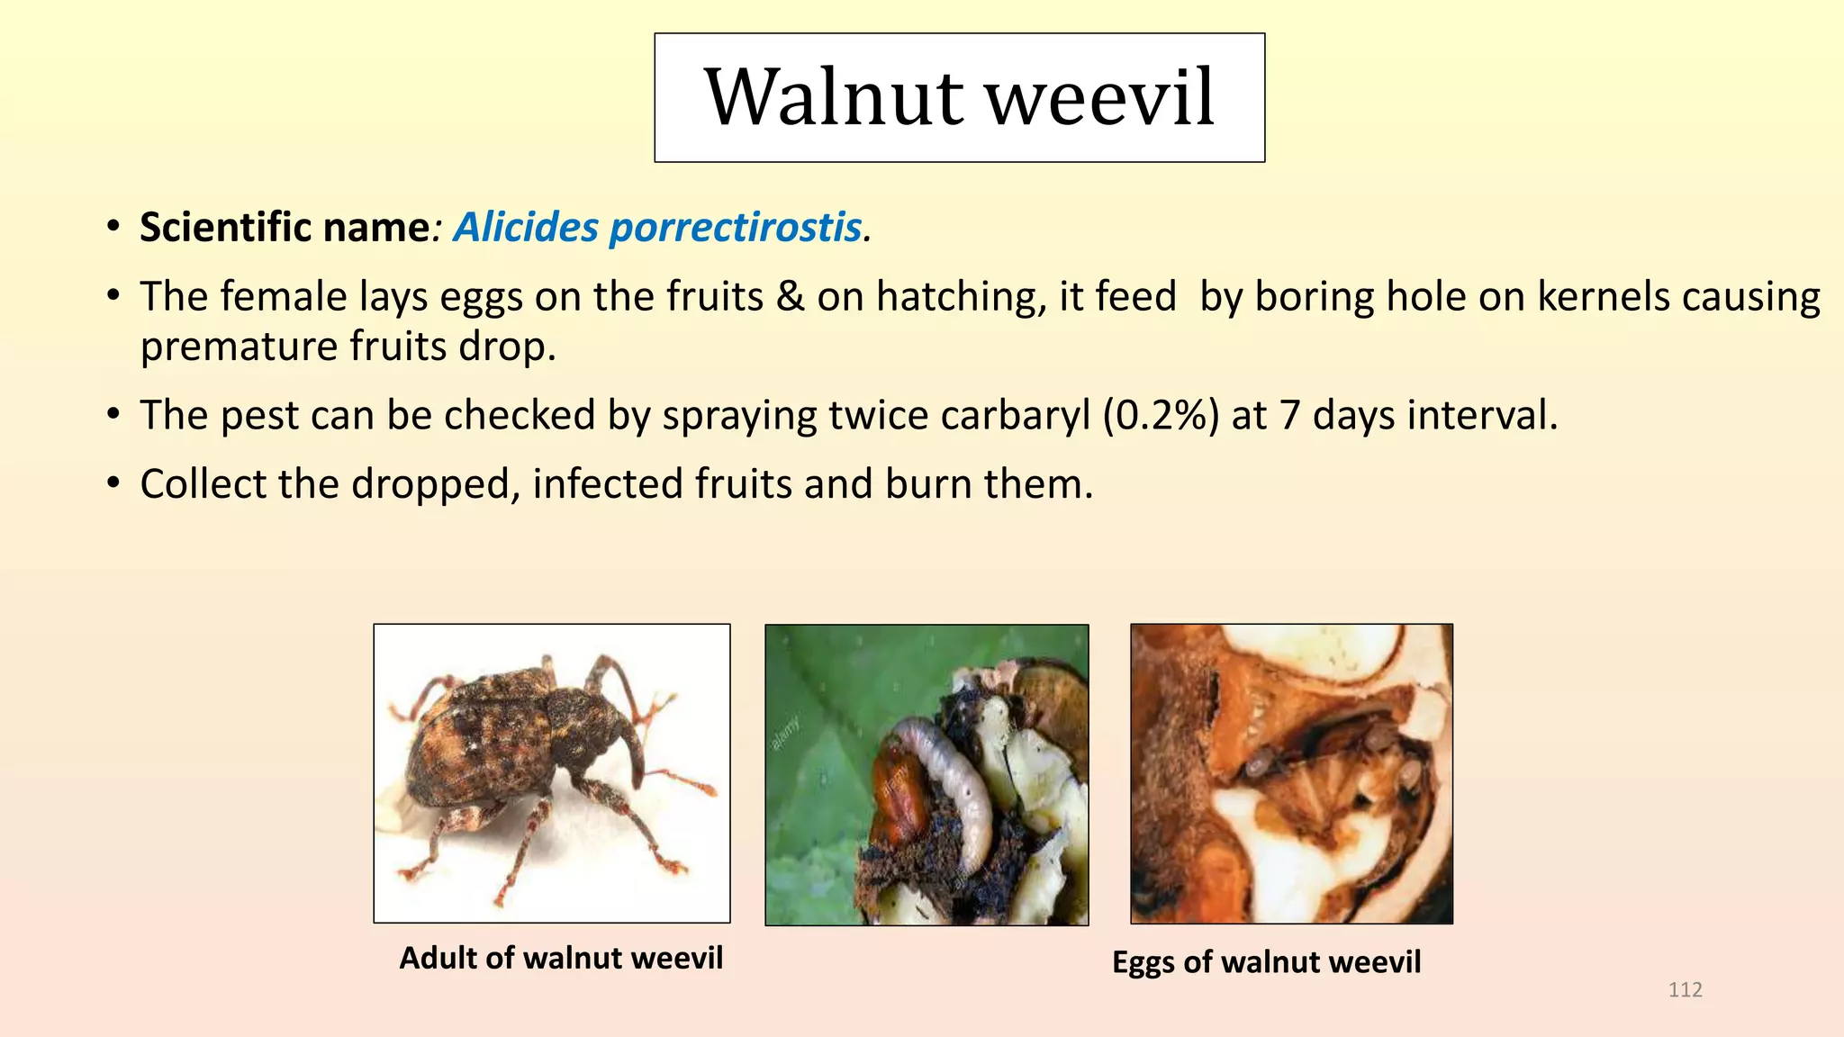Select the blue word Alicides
[x=526, y=227]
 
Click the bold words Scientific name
[x=285, y=227]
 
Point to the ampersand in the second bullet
[x=790, y=296]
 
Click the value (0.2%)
[x=1161, y=416]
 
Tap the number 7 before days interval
[x=1289, y=416]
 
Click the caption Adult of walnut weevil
[x=561, y=958]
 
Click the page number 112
[x=1686, y=990]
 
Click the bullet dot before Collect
[x=113, y=484]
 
